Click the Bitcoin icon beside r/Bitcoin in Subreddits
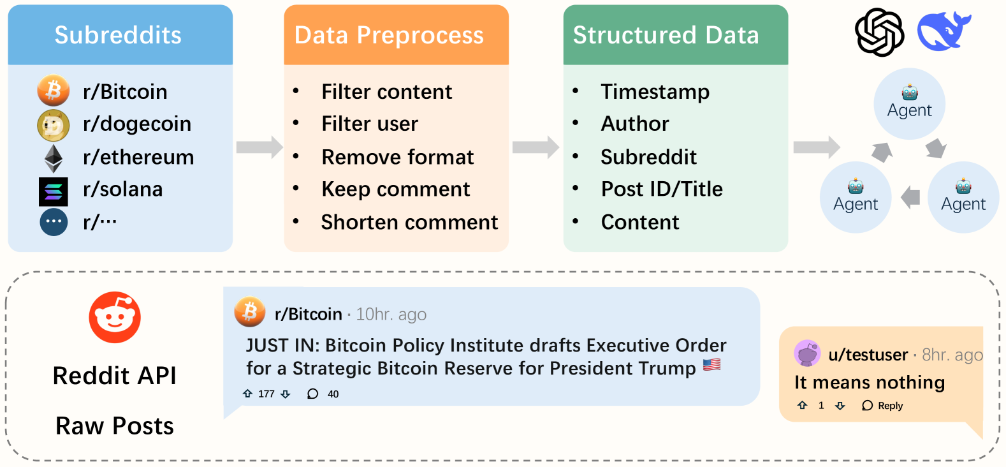click(x=54, y=90)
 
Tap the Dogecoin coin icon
click(x=54, y=125)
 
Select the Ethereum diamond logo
click(x=54, y=159)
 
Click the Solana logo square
click(x=54, y=191)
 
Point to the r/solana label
click(x=122, y=189)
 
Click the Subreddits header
click(x=118, y=35)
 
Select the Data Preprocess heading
click(x=389, y=35)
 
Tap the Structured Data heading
click(x=666, y=35)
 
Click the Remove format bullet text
click(x=397, y=158)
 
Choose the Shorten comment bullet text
click(x=409, y=222)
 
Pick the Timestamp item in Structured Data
click(x=655, y=92)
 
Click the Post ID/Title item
click(x=662, y=189)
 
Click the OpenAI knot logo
click(x=879, y=33)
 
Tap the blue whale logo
click(x=943, y=31)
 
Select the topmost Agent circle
click(x=910, y=104)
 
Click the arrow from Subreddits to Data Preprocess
click(x=259, y=147)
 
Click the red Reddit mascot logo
click(x=115, y=317)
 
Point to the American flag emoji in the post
click(x=712, y=364)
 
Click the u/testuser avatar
click(x=808, y=353)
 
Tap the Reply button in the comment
click(x=882, y=405)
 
